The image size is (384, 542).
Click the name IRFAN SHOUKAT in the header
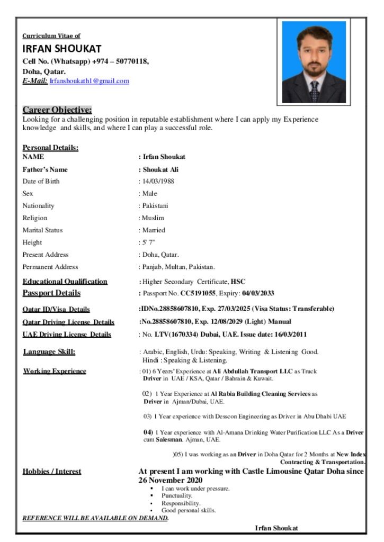(61, 49)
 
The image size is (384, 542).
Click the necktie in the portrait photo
(315, 91)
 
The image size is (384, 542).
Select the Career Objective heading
(57, 110)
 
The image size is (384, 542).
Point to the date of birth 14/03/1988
(158, 181)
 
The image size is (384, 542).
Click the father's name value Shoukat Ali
(164, 169)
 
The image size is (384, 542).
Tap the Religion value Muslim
(153, 218)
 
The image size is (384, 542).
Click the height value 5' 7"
(148, 242)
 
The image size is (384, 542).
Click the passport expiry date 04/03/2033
(258, 293)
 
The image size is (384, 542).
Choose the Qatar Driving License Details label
(68, 322)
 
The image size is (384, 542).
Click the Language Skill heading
(49, 352)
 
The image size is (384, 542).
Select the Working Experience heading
(54, 371)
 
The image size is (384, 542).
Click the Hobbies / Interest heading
(52, 471)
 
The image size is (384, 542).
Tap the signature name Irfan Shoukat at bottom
(276, 528)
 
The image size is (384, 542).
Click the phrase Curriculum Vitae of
(51, 36)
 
